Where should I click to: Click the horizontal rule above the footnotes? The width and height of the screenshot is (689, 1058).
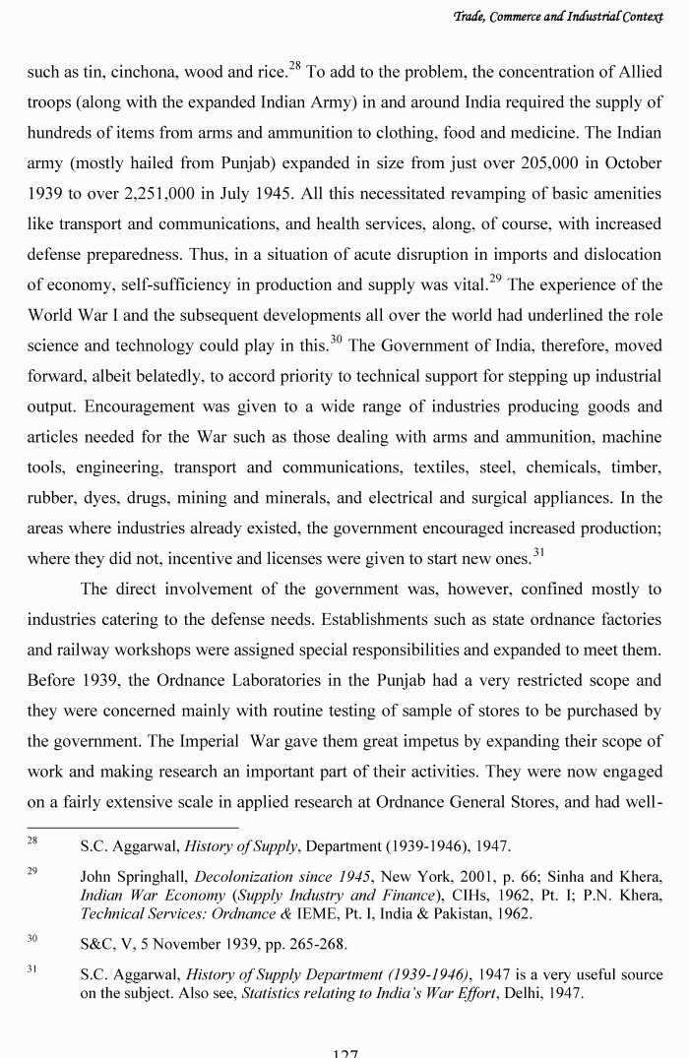click(x=132, y=828)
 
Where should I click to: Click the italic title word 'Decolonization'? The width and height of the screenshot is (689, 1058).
click(x=243, y=876)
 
